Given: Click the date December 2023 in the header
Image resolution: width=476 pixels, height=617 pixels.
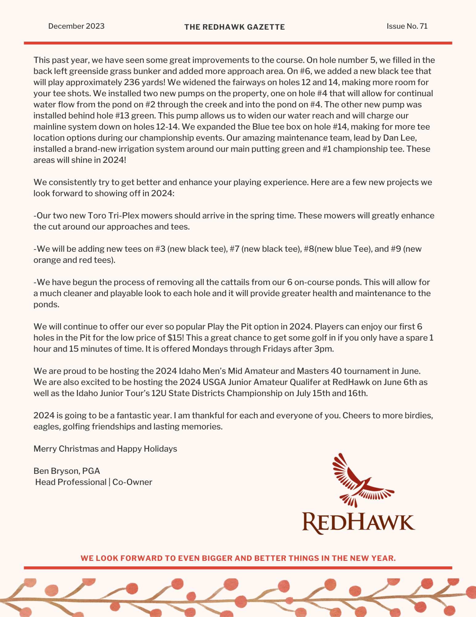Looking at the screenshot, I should pyautogui.click(x=76, y=26).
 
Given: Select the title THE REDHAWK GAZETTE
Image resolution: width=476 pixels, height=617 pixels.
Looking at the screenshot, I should pyautogui.click(x=234, y=27).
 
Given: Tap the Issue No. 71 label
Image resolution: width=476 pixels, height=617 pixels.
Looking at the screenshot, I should pyautogui.click(x=407, y=26).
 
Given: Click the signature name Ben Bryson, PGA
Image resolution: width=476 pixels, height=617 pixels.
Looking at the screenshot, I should pyautogui.click(x=67, y=471).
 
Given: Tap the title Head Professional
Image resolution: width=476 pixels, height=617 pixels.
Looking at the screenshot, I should pyautogui.click(x=71, y=482).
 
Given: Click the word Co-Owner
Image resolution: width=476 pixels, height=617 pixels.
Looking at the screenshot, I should pyautogui.click(x=132, y=482).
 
